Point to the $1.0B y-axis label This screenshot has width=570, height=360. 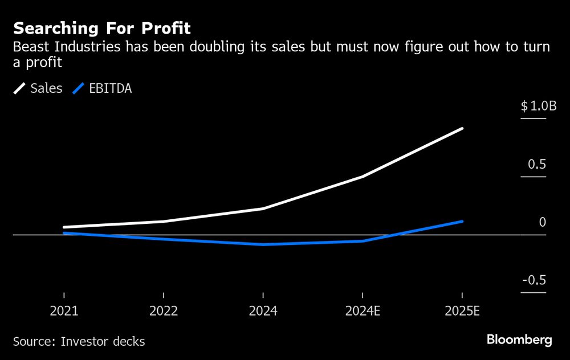[533, 107]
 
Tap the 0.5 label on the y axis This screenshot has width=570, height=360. [537, 165]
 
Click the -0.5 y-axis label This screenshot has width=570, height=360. [534, 280]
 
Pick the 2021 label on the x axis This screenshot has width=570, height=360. [64, 312]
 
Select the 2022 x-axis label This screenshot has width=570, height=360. [164, 312]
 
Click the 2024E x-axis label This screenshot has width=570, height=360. [363, 312]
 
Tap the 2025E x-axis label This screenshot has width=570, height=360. [462, 312]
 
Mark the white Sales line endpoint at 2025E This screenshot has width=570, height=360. [462, 129]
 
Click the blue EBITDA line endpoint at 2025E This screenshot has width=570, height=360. [462, 221]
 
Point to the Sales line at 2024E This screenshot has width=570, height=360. [363, 177]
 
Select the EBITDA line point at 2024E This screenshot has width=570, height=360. [363, 241]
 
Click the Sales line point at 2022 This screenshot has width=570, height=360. [164, 222]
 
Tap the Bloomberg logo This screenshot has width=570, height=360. [519, 340]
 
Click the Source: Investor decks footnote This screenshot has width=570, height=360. [79, 342]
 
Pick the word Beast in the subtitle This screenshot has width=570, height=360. [30, 47]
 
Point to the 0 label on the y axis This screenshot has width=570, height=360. [543, 222]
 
